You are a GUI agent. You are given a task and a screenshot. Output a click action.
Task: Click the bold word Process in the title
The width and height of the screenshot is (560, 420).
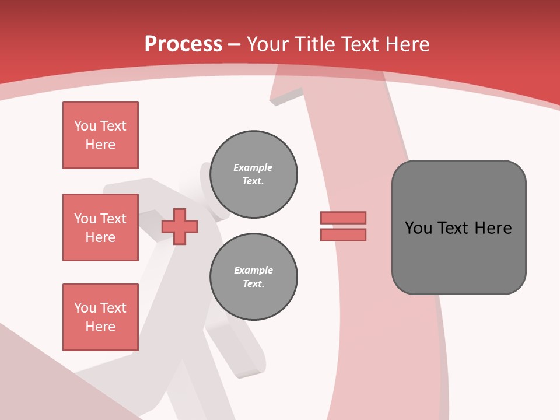[x=183, y=44]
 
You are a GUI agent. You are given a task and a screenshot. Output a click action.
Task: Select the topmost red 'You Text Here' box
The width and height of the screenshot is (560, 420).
[x=100, y=135]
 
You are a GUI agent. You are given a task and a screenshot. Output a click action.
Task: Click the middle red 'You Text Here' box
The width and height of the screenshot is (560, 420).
[x=100, y=228]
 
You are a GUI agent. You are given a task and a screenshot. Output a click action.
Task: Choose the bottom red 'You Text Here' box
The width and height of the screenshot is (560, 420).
[x=100, y=317]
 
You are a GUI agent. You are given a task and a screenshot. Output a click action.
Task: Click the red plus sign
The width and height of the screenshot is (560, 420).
[x=180, y=226]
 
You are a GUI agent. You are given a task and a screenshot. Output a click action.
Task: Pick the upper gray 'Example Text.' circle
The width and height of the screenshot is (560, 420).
[x=253, y=174]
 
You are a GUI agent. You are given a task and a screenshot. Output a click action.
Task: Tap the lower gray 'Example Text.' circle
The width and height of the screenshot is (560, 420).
[x=253, y=277]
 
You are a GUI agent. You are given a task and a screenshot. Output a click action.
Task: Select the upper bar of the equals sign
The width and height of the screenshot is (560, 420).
[x=343, y=218]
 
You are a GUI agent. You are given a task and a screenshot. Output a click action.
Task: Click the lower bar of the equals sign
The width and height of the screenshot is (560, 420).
[x=343, y=235]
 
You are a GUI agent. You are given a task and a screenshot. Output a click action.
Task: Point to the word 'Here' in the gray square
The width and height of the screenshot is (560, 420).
[x=493, y=228]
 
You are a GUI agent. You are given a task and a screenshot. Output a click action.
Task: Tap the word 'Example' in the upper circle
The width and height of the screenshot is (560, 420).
[x=253, y=167]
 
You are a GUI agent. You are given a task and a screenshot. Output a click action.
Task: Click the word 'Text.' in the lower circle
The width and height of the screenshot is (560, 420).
[x=253, y=284]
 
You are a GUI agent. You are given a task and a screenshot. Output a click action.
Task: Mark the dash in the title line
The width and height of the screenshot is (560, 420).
[x=234, y=45]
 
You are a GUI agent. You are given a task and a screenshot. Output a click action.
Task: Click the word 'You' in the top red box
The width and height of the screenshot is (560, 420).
[x=85, y=126]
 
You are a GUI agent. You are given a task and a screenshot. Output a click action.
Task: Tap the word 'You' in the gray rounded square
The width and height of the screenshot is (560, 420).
[x=418, y=228]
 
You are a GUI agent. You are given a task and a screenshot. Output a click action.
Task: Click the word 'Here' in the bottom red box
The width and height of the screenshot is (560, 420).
[x=100, y=327]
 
